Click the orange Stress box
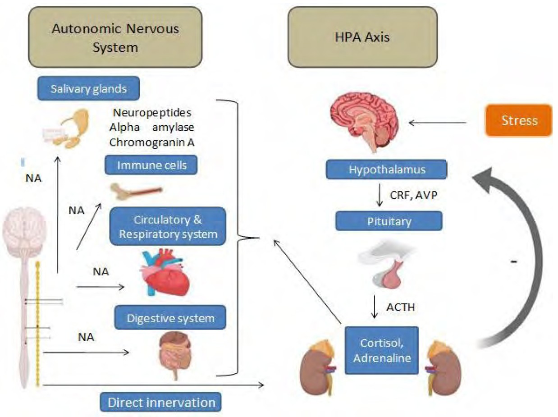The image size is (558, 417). pos(518,120)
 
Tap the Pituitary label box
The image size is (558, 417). pos(389,221)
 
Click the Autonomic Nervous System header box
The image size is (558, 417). pos(115,37)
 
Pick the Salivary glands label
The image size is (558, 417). pos(88,89)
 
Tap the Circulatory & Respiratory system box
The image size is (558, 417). pos(167,227)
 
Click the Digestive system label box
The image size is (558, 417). pos(170,318)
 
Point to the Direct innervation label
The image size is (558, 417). pos(161,402)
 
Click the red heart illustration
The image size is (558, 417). pos(165,272)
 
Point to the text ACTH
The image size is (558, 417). pos(400,308)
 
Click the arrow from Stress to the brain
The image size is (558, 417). pos(437,122)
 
